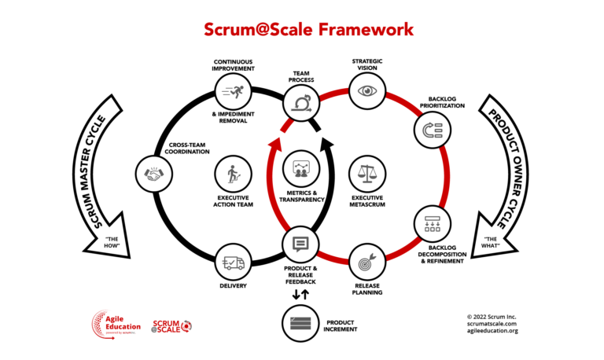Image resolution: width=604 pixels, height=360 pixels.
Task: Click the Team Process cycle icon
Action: (x=302, y=103)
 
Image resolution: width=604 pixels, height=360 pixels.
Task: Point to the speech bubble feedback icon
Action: (x=300, y=243)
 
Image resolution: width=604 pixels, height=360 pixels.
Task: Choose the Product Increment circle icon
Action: (x=300, y=323)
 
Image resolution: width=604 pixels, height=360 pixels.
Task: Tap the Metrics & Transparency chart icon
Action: (x=301, y=167)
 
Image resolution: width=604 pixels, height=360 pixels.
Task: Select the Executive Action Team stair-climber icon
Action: (x=234, y=173)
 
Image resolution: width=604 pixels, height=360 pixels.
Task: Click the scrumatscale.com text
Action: (x=491, y=322)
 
